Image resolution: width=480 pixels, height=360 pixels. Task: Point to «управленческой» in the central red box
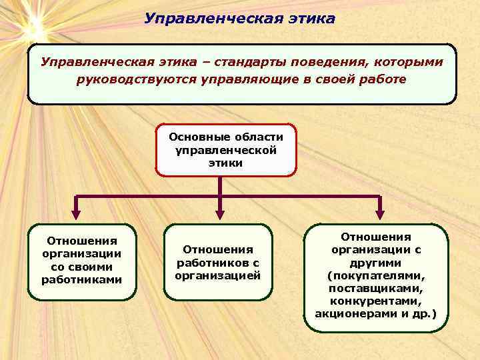tap(226, 150)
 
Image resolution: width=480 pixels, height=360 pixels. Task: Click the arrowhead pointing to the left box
tap(75, 214)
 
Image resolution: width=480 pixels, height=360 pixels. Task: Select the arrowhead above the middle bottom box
tap(219, 214)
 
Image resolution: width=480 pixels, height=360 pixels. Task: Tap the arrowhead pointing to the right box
tap(379, 214)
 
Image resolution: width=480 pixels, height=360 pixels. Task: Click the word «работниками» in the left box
tap(81, 279)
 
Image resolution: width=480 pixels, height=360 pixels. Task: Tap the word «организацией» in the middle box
tap(218, 275)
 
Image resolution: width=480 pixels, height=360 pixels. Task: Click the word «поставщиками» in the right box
tap(375, 287)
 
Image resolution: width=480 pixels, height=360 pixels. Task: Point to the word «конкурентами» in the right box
tap(375, 300)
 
